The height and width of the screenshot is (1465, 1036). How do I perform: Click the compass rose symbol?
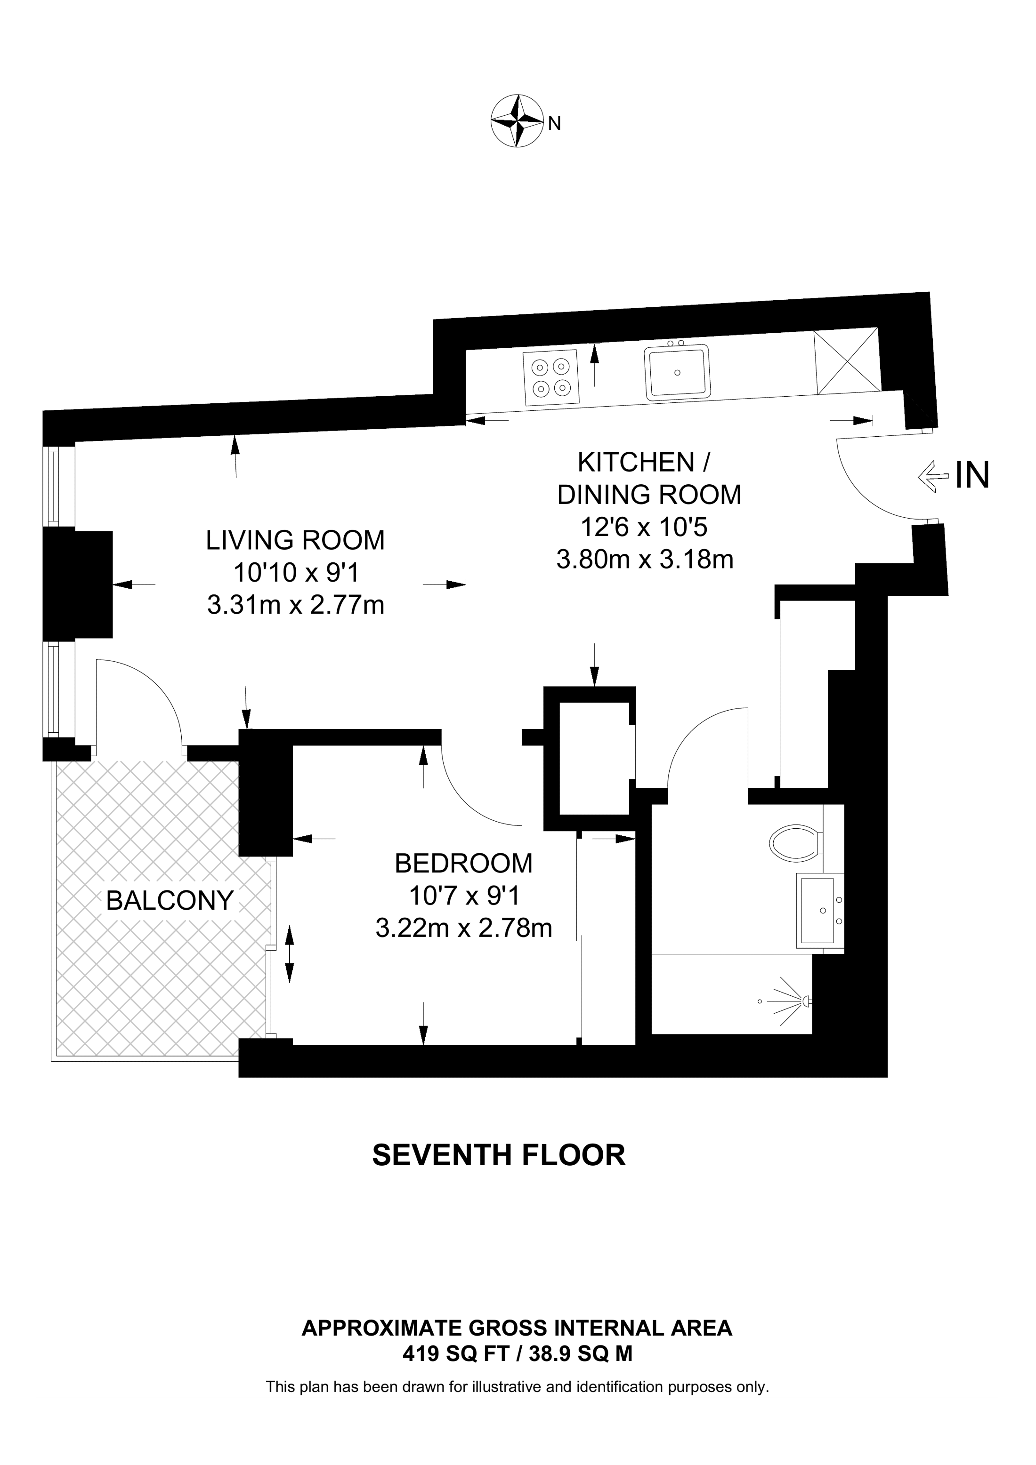(x=516, y=121)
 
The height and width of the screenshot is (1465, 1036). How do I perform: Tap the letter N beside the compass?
(x=555, y=124)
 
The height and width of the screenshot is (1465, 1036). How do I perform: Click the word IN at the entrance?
(x=971, y=475)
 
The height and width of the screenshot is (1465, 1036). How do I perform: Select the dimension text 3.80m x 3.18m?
(x=645, y=560)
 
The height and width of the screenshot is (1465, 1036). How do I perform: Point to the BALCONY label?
(x=170, y=900)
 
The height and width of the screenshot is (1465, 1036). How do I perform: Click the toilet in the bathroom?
(x=795, y=843)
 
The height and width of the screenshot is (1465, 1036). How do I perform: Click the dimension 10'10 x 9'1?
(x=296, y=573)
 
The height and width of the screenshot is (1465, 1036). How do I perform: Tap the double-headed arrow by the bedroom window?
(x=289, y=954)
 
